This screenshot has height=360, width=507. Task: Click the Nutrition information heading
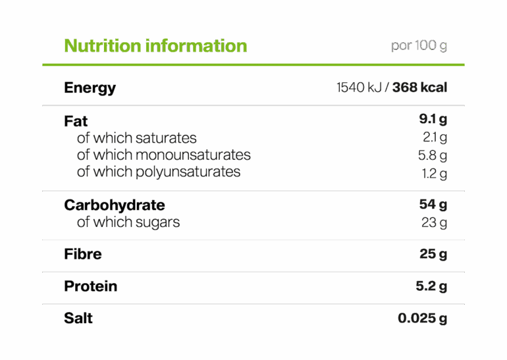155,46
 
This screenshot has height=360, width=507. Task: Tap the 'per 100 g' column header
419,46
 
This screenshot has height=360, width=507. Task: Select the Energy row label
90,88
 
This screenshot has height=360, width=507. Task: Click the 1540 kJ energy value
360,88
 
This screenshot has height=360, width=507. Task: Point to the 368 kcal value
419,88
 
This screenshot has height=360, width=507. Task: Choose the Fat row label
76,121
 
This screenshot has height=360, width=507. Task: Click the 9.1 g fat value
433,120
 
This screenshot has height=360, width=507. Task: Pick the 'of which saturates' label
136,138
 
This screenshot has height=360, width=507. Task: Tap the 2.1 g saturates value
435,138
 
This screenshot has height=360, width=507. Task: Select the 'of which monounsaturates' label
163,155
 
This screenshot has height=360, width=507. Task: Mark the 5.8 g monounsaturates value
433,156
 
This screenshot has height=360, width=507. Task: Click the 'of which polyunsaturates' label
158,172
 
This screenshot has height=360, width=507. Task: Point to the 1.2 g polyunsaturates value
435,174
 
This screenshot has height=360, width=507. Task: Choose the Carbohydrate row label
115,205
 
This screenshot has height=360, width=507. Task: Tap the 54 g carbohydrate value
433,205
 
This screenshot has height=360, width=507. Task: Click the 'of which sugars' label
128,222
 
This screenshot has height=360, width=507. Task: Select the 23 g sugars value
434,222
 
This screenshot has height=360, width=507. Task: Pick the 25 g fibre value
433,254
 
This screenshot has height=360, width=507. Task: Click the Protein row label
91,286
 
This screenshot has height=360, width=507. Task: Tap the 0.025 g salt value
422,319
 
